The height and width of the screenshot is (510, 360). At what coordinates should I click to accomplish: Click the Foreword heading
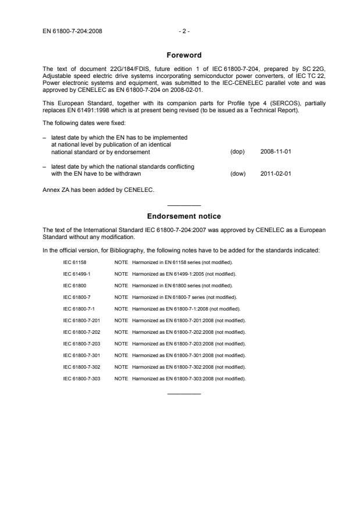coord(183,55)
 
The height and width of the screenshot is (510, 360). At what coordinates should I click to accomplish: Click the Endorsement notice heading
coord(183,216)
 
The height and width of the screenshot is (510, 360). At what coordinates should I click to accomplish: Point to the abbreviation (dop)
coord(237,152)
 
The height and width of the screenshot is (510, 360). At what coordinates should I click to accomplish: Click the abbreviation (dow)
coord(237,173)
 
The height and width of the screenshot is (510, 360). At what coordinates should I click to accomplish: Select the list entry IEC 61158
coord(74,264)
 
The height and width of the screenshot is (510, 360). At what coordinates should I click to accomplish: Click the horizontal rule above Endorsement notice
coord(183,206)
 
